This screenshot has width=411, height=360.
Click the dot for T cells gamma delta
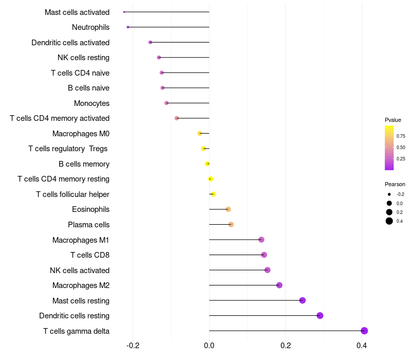[364, 331]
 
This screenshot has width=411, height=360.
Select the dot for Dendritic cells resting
[320, 316]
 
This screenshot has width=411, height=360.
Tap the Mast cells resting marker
[303, 300]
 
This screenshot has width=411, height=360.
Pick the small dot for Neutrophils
[128, 27]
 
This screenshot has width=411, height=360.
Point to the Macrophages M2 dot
[279, 285]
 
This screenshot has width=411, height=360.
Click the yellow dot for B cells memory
[207, 164]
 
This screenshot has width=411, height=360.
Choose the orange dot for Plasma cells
[231, 225]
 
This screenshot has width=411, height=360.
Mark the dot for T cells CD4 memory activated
[177, 118]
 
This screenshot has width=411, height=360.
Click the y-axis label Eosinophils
[90, 209]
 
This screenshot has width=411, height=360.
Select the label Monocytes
[91, 103]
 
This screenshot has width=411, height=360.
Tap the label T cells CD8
[90, 255]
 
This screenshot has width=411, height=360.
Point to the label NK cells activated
[80, 271]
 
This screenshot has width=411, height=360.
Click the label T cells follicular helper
[72, 194]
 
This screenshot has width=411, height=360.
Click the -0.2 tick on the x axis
[133, 345]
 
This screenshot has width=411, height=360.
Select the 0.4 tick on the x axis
[362, 345]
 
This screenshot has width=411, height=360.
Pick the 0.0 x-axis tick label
[209, 345]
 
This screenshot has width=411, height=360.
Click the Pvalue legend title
[393, 120]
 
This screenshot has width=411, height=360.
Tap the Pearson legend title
[395, 184]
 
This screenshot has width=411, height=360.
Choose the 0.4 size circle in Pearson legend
[389, 221]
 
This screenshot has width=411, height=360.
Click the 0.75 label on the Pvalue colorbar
[401, 136]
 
